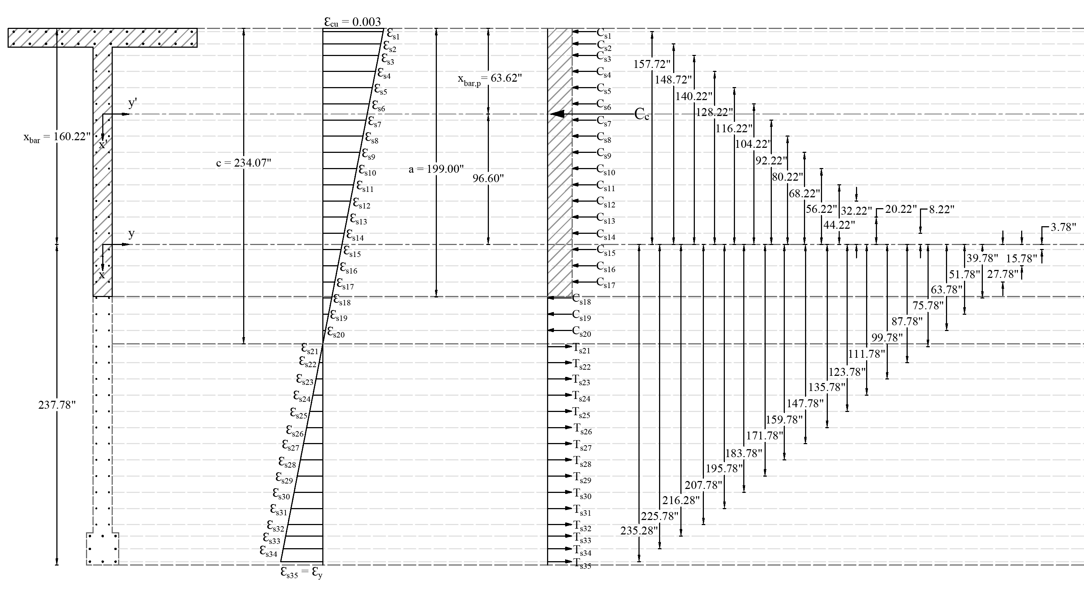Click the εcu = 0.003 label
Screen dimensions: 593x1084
tap(352, 22)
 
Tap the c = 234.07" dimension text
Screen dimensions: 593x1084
tap(244, 163)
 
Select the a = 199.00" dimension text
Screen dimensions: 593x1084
tap(436, 169)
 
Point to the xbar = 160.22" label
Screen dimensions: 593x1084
tap(57, 137)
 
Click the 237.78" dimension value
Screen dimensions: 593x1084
tap(57, 405)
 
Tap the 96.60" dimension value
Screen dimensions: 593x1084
tap(488, 179)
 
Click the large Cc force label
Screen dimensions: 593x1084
tap(641, 114)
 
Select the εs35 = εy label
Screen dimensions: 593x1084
tap(301, 572)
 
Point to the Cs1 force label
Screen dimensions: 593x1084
tap(604, 33)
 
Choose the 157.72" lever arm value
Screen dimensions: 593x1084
tap(652, 64)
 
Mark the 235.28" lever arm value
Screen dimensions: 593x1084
tap(639, 531)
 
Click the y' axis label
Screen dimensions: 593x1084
tap(133, 104)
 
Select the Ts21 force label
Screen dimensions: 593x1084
tap(581, 348)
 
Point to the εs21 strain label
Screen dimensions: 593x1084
tap(309, 348)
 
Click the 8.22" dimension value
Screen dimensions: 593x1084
tap(941, 210)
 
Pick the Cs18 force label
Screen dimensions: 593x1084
tap(581, 300)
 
